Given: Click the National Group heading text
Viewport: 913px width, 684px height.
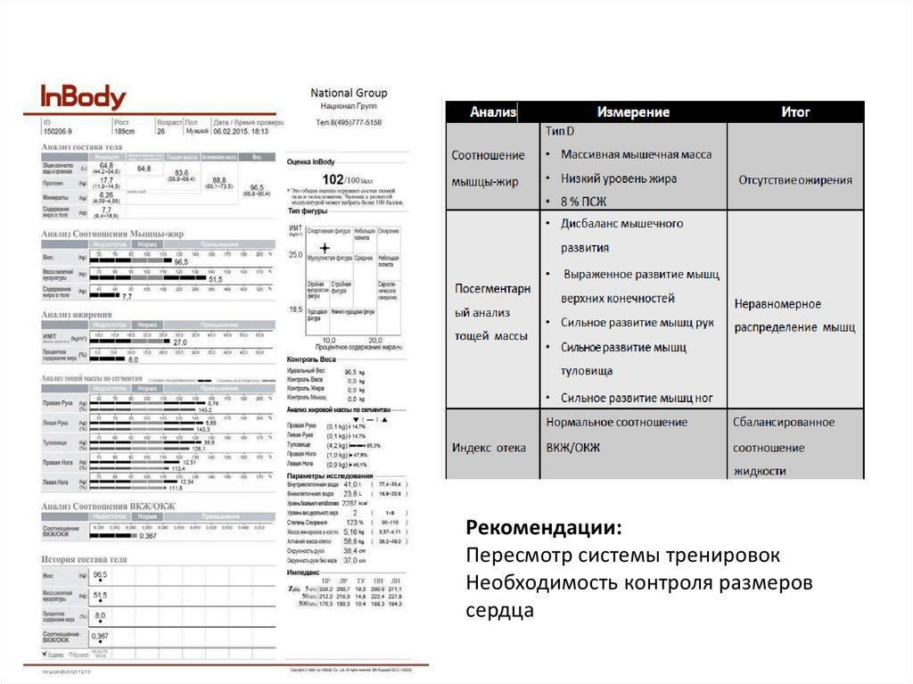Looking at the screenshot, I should click(349, 93).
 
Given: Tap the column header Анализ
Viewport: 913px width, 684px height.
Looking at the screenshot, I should click(493, 112).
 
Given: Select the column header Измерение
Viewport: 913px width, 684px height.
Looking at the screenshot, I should click(633, 112).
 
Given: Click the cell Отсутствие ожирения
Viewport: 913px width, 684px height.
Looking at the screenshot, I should click(794, 179).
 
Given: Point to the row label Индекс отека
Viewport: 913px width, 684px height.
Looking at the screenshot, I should click(488, 448).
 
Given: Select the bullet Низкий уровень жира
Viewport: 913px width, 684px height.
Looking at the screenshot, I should click(618, 177).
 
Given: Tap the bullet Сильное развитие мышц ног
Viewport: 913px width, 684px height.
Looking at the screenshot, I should click(635, 398).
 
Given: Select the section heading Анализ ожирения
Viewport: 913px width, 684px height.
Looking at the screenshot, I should click(76, 314).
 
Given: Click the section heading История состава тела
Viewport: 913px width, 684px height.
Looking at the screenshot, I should click(85, 559).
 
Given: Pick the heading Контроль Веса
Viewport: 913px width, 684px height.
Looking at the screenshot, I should click(311, 358).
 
